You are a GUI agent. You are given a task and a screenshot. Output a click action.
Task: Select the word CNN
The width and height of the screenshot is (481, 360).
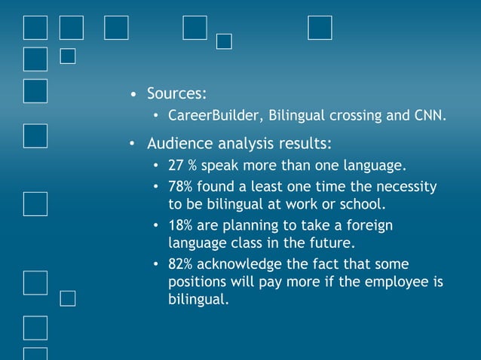[430, 116]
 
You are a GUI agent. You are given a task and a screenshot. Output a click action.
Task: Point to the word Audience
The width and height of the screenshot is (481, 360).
[179, 143]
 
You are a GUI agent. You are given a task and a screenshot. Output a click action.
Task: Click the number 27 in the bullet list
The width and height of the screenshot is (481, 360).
[176, 165]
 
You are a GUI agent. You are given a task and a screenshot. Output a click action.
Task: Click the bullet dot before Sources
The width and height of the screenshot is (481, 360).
[133, 96]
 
